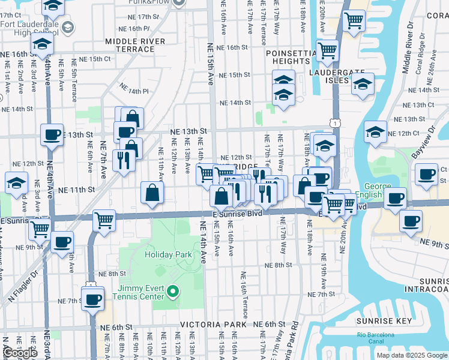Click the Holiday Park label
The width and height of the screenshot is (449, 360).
168,254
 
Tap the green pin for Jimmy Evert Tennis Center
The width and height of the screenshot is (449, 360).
173,292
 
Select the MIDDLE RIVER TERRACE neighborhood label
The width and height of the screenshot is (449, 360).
138,45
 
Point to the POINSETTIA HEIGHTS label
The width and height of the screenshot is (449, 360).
291,57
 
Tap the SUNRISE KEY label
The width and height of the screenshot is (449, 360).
383,321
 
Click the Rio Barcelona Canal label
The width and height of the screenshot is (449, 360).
376,338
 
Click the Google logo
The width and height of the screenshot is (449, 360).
20,353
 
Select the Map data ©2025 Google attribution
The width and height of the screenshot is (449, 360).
411,355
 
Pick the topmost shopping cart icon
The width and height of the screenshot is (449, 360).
354,20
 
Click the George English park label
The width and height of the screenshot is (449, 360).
376,191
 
